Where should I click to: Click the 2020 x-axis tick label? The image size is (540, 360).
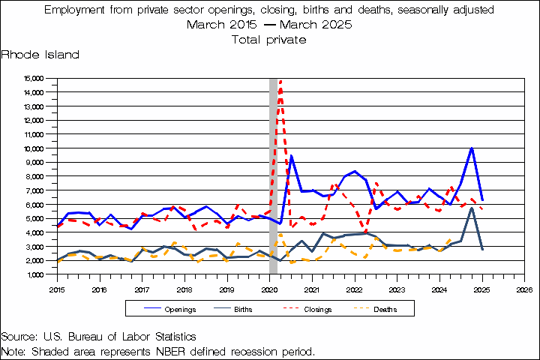click(x=270, y=288)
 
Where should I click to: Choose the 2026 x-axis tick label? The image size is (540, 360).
click(x=524, y=288)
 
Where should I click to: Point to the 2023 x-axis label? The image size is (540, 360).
click(x=397, y=288)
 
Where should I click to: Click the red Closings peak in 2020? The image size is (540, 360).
click(x=280, y=80)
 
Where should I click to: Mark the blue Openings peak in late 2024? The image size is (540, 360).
click(x=471, y=148)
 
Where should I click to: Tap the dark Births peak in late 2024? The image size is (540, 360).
click(x=471, y=208)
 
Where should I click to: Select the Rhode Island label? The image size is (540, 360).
click(x=40, y=55)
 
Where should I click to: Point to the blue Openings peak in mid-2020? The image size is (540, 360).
click(x=291, y=156)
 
